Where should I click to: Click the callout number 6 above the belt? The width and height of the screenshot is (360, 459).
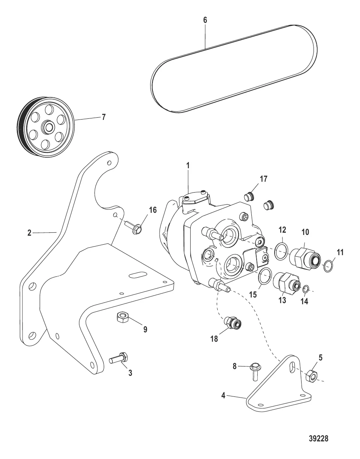(205, 20)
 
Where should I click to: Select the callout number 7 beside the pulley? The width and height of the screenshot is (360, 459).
(103, 117)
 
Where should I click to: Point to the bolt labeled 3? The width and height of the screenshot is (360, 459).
(119, 358)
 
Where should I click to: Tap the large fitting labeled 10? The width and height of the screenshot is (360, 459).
(305, 257)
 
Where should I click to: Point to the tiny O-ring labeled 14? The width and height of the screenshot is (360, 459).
(306, 289)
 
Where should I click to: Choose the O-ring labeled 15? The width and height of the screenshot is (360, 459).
(265, 276)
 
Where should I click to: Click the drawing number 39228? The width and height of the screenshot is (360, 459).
(318, 439)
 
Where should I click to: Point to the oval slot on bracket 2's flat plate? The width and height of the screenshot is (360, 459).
(137, 275)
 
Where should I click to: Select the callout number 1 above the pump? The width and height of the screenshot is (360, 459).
(188, 164)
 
